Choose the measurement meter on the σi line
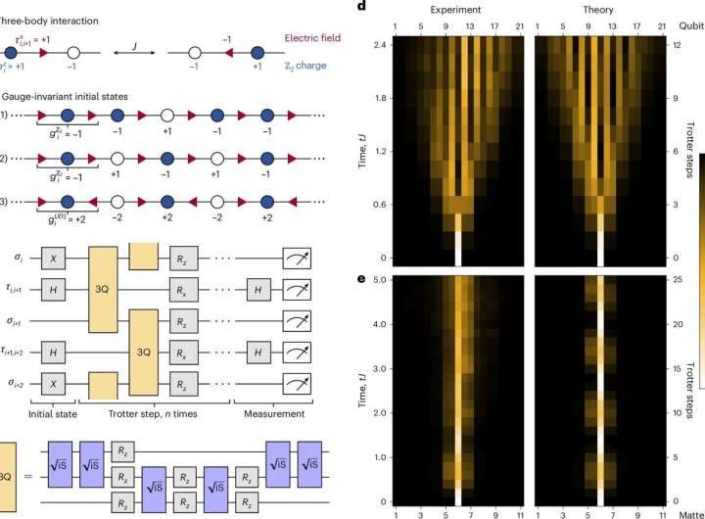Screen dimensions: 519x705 (289, 259)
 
